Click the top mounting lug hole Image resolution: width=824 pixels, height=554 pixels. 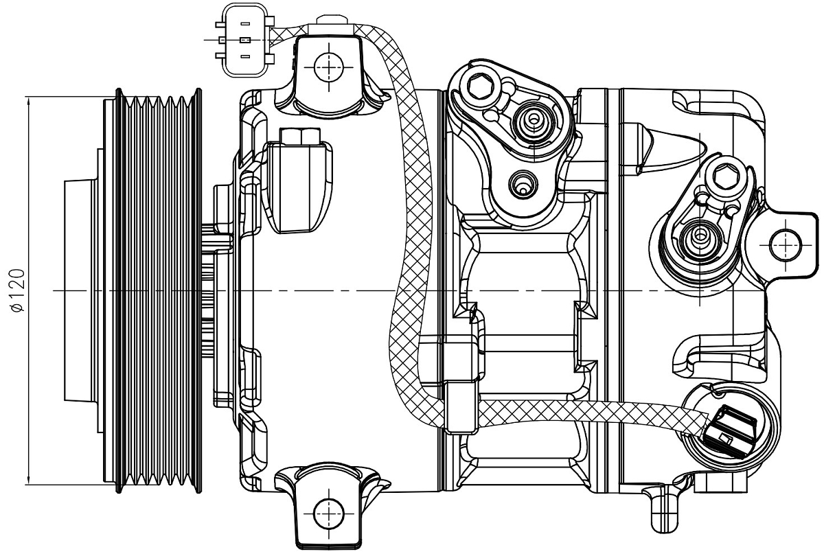[328, 67]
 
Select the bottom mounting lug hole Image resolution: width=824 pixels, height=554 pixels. [328, 512]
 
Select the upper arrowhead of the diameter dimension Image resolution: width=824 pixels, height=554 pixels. [29, 101]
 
